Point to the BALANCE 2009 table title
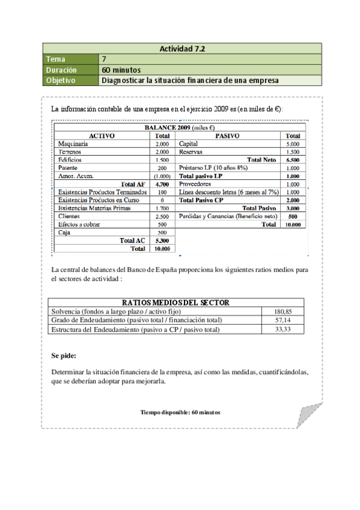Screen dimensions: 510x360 coord(180,128)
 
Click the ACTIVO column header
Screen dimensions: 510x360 coord(102,136)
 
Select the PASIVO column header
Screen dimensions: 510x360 coord(227,136)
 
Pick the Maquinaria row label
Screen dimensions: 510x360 coord(73,144)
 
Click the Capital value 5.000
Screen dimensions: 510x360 coord(293,144)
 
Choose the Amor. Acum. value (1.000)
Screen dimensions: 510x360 coord(162,176)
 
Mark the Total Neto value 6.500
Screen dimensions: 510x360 coord(293,160)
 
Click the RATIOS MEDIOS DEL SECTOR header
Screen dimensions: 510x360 coord(175,303)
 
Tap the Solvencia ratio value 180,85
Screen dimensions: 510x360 coord(283,311)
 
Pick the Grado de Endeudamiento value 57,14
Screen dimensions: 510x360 coord(283,320)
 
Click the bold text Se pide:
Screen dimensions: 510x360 coord(64,356)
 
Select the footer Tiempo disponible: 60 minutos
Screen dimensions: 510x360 coord(180,413)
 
